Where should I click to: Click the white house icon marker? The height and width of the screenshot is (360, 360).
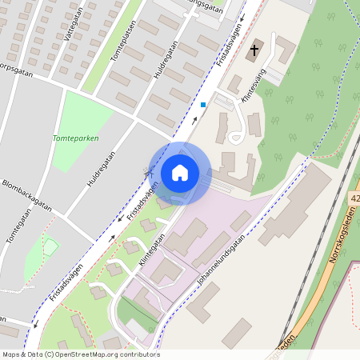click(x=180, y=172)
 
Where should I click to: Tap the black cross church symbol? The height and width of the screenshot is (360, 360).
click(x=254, y=50)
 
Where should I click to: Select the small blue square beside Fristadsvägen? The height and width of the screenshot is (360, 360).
click(x=203, y=104)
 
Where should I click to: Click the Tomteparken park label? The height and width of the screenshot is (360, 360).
click(x=74, y=138)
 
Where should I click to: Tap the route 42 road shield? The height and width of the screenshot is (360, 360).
click(x=354, y=197)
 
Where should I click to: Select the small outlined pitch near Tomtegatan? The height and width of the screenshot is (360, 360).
click(x=50, y=247)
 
